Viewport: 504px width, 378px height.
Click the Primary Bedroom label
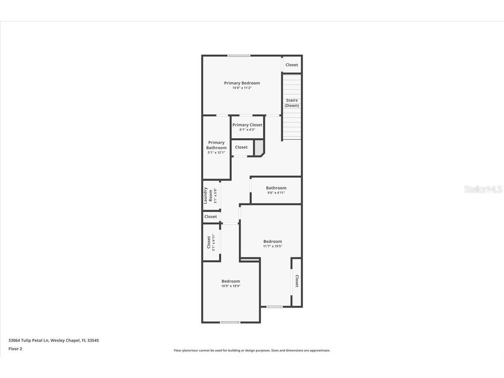pos(242,83)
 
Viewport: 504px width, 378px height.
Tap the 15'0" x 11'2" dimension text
pos(242,88)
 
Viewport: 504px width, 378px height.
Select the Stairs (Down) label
pos(292,103)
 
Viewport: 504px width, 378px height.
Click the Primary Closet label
pos(247,125)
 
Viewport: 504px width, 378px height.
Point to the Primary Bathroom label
pos(216,145)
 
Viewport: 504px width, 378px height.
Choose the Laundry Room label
pos(208,195)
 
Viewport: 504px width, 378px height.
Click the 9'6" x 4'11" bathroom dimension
pos(276,193)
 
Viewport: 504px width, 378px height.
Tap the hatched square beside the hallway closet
pos(259,147)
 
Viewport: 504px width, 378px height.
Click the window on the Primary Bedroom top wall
pos(239,55)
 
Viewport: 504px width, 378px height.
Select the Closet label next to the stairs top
pos(291,65)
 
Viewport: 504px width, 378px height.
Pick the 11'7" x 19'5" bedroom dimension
pos(273,246)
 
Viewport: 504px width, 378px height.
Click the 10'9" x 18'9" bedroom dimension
pos(231,286)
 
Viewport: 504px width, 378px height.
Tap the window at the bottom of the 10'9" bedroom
pos(230,322)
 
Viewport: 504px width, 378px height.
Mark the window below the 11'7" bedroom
pos(275,307)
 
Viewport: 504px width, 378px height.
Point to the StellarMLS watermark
pos(483,189)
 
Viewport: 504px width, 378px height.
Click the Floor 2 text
pos(15,349)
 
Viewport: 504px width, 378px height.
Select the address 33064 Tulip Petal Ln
pos(53,341)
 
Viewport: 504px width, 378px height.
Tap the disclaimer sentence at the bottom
pos(252,350)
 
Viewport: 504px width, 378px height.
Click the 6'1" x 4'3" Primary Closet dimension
pos(247,130)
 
